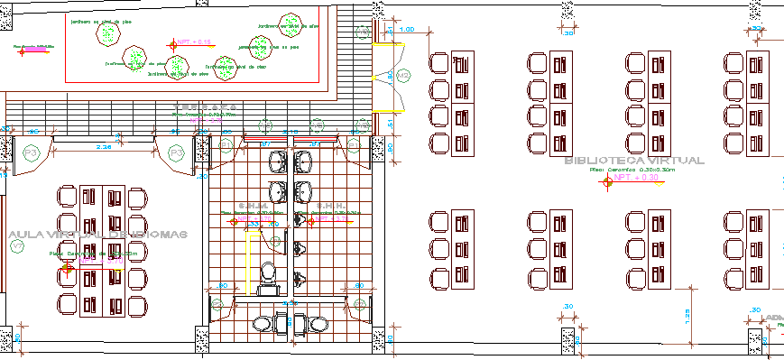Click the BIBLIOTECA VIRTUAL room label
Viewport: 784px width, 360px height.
(x=632, y=160)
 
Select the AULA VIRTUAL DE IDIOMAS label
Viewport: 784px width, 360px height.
(x=97, y=235)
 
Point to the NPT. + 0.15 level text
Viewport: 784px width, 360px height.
(x=194, y=42)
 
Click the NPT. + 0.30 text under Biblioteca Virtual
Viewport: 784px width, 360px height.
(x=638, y=178)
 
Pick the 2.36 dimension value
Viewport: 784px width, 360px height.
(x=104, y=145)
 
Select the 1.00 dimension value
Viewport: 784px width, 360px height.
(x=407, y=30)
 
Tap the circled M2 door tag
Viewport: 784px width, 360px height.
(x=403, y=75)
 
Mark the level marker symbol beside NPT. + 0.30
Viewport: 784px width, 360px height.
(x=607, y=180)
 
